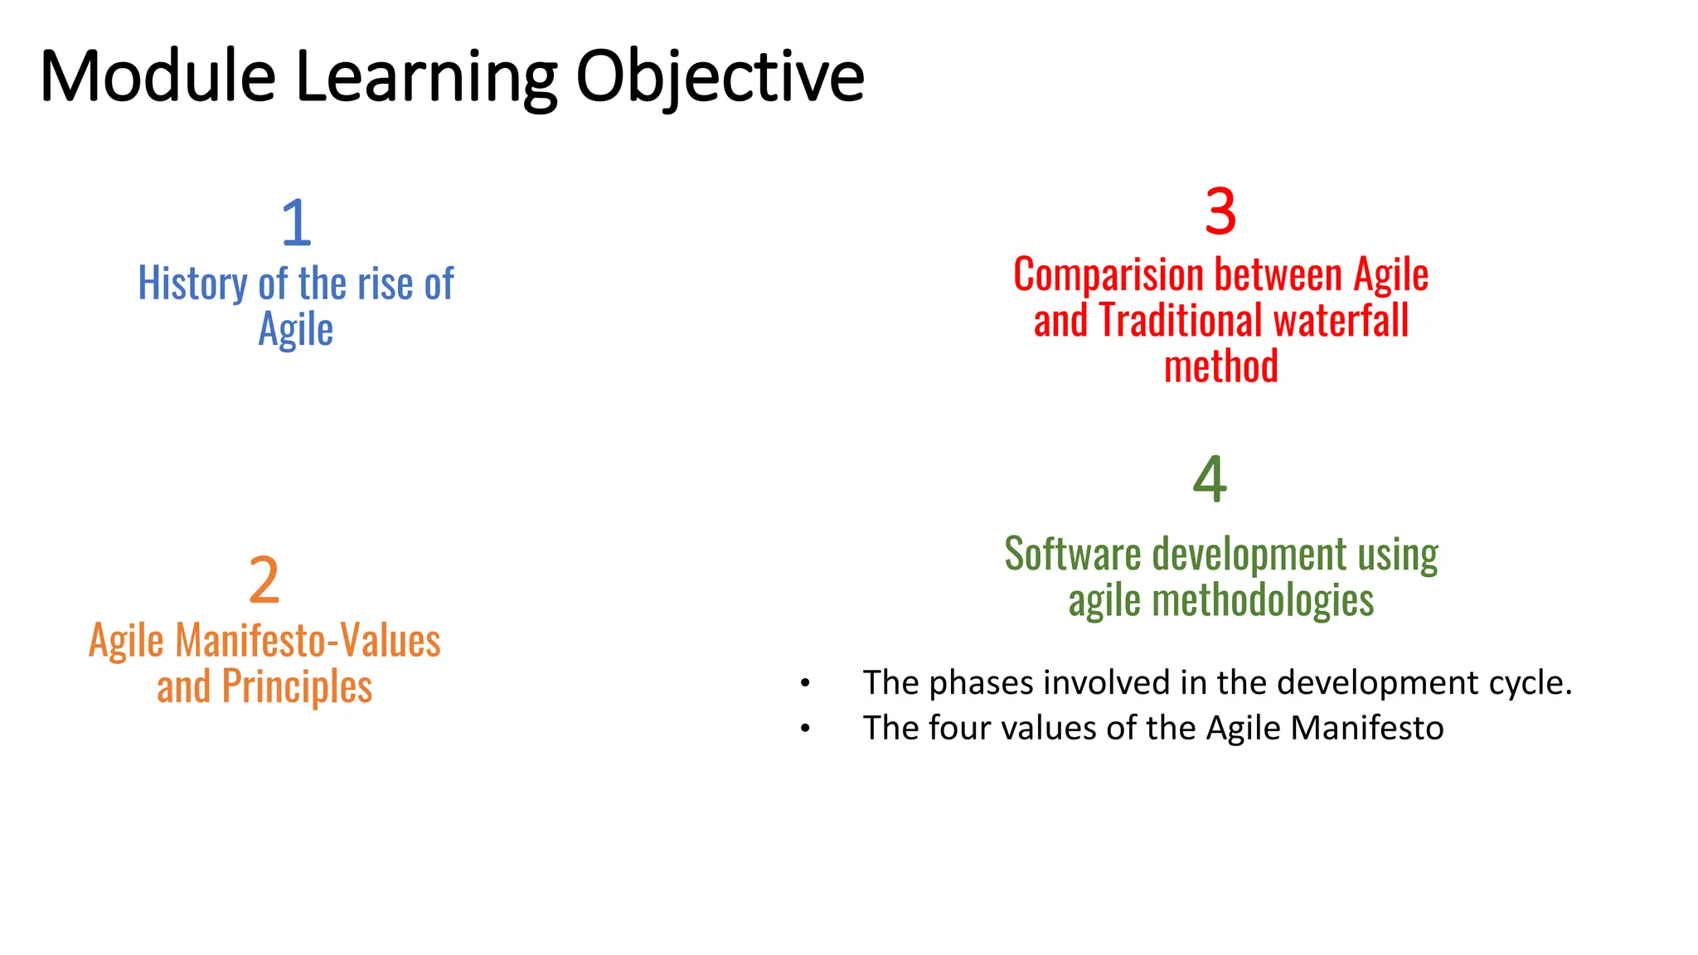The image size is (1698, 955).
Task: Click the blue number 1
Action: click(x=296, y=222)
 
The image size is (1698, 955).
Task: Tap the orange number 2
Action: click(x=264, y=580)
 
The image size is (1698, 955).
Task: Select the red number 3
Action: click(x=1220, y=211)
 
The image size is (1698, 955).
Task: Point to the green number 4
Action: click(x=1210, y=479)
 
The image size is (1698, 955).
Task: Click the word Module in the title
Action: click(x=158, y=76)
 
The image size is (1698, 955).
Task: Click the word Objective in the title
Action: click(x=720, y=78)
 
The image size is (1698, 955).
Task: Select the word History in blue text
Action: click(x=192, y=284)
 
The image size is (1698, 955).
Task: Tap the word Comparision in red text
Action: click(x=1108, y=274)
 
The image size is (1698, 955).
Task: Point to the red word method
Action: click(x=1220, y=366)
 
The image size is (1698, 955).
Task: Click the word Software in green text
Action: click(x=1073, y=554)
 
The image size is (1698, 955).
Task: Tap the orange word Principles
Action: click(x=297, y=687)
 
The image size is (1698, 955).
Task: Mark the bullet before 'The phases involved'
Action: click(x=804, y=684)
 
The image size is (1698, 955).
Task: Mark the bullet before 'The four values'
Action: click(x=804, y=729)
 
